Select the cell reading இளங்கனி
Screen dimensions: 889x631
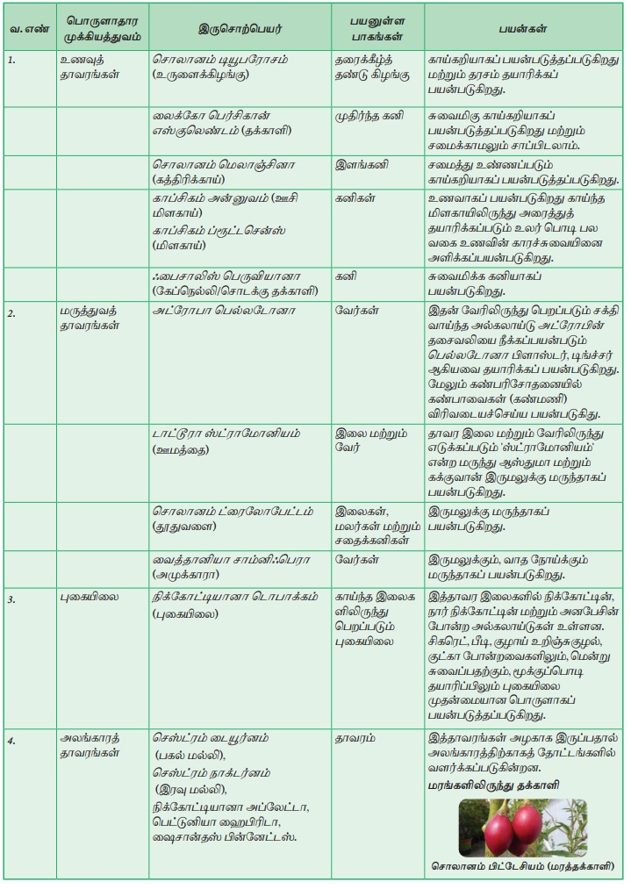362,163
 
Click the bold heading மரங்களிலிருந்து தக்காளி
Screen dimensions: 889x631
496,785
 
